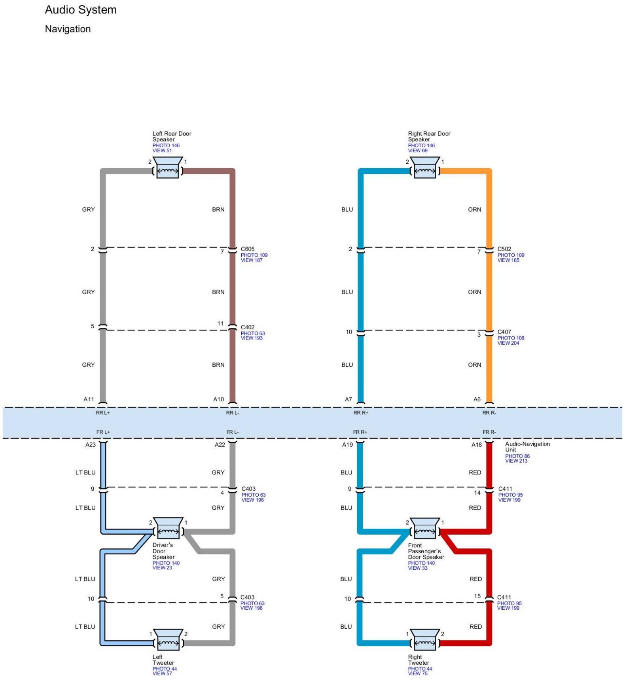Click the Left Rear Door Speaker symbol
[168, 168]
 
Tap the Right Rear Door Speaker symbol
[425, 168]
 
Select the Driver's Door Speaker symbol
[168, 528]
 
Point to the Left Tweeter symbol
[168, 639]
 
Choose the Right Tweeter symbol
[425, 639]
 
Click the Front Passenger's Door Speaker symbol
[425, 528]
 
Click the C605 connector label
[248, 249]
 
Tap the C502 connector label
[504, 249]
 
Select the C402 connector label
[248, 327]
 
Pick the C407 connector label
[504, 332]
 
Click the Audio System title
[81, 10]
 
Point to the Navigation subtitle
[68, 29]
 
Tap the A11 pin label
[89, 399]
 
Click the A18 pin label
[477, 445]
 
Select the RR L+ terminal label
[103, 413]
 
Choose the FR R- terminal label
[489, 432]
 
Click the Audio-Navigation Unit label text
[527, 447]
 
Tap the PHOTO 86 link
[517, 456]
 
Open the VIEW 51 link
[162, 150]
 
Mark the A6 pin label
[477, 399]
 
